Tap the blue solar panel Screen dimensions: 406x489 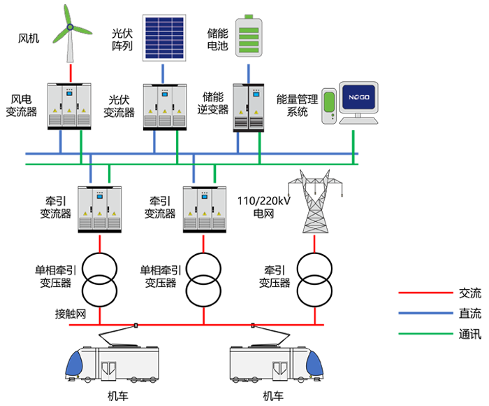[x=164, y=37]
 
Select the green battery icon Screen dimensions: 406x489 [x=248, y=36]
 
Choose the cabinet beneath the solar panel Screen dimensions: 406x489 [x=164, y=105]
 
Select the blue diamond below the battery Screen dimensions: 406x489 [x=248, y=71]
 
